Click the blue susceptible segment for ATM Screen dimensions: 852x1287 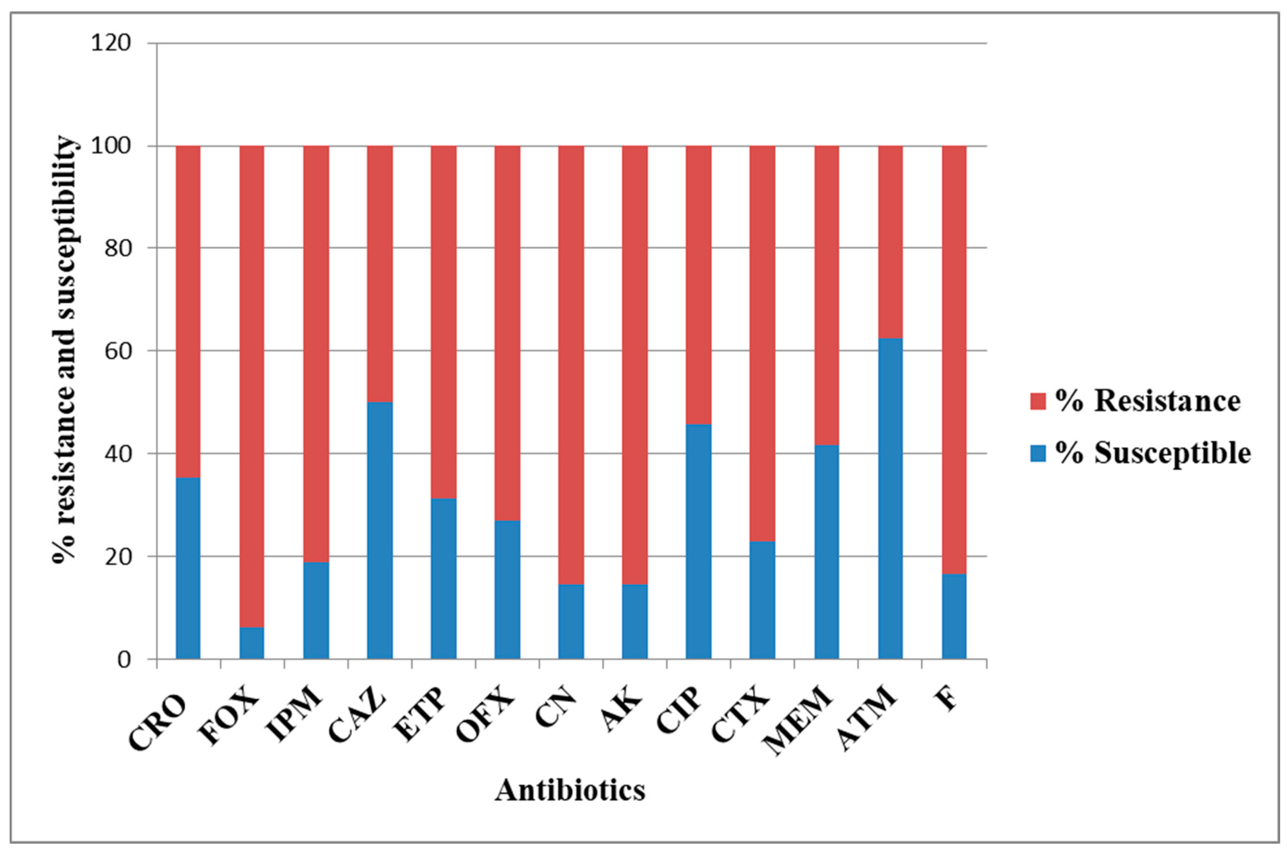(890, 498)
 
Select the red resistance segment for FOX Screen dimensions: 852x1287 (252, 386)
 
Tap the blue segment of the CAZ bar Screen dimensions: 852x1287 (379, 530)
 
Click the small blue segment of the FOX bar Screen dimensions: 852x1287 (252, 643)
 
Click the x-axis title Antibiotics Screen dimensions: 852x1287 (570, 790)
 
